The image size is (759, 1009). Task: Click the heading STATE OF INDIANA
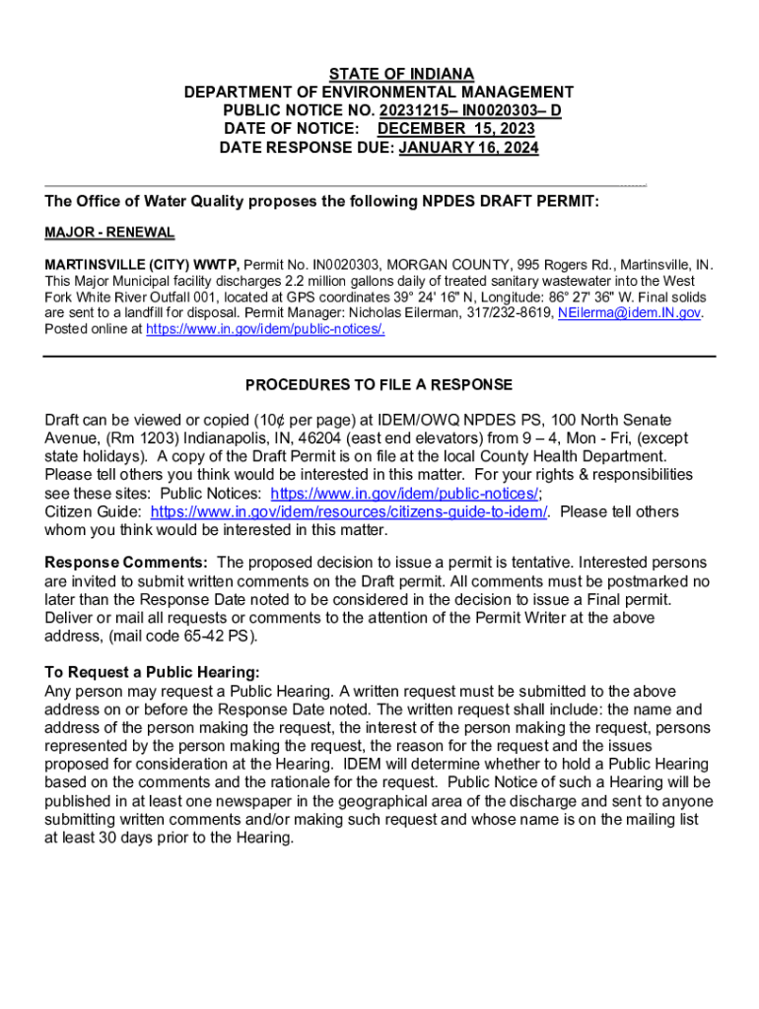401,74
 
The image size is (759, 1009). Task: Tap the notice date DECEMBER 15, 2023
456,130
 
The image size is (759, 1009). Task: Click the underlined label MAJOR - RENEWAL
109,233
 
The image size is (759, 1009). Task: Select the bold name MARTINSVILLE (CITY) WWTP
142,266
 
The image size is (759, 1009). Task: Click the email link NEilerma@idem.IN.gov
629,313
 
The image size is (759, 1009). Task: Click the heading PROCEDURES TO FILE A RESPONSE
379,384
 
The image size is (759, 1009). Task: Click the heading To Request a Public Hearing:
152,673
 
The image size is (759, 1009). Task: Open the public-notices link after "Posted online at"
265,329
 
